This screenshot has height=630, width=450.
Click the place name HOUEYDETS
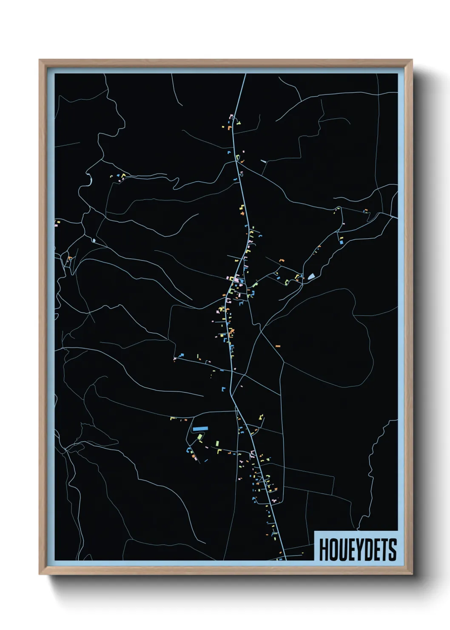(x=357, y=550)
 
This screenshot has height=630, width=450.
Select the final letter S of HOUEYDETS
(x=392, y=550)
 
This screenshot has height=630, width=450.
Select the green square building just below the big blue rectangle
(x=200, y=437)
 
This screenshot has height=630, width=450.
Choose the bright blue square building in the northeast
(x=341, y=242)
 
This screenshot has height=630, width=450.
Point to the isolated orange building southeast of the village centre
(x=278, y=346)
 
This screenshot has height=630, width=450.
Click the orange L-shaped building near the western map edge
(x=69, y=258)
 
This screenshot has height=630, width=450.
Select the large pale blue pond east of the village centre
(x=311, y=277)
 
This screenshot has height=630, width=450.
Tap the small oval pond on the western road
(x=93, y=241)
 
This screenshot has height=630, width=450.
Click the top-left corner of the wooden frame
(x=40, y=60)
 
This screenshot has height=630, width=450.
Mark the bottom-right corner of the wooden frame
(x=412, y=574)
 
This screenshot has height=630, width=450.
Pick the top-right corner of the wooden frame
(x=412, y=60)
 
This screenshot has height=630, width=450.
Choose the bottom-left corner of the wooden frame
(x=40, y=574)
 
